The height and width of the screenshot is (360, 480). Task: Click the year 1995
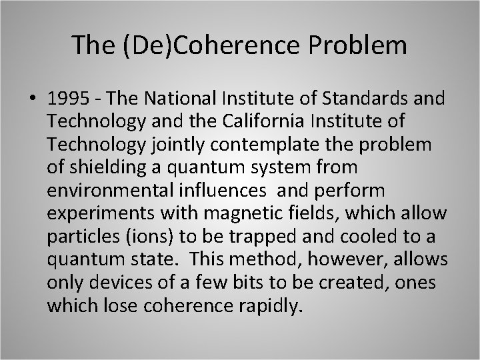pyautogui.click(x=70, y=99)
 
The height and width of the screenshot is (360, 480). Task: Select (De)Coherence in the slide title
pyautogui.click(x=200, y=45)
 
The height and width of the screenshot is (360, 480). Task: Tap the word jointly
pyautogui.click(x=184, y=145)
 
